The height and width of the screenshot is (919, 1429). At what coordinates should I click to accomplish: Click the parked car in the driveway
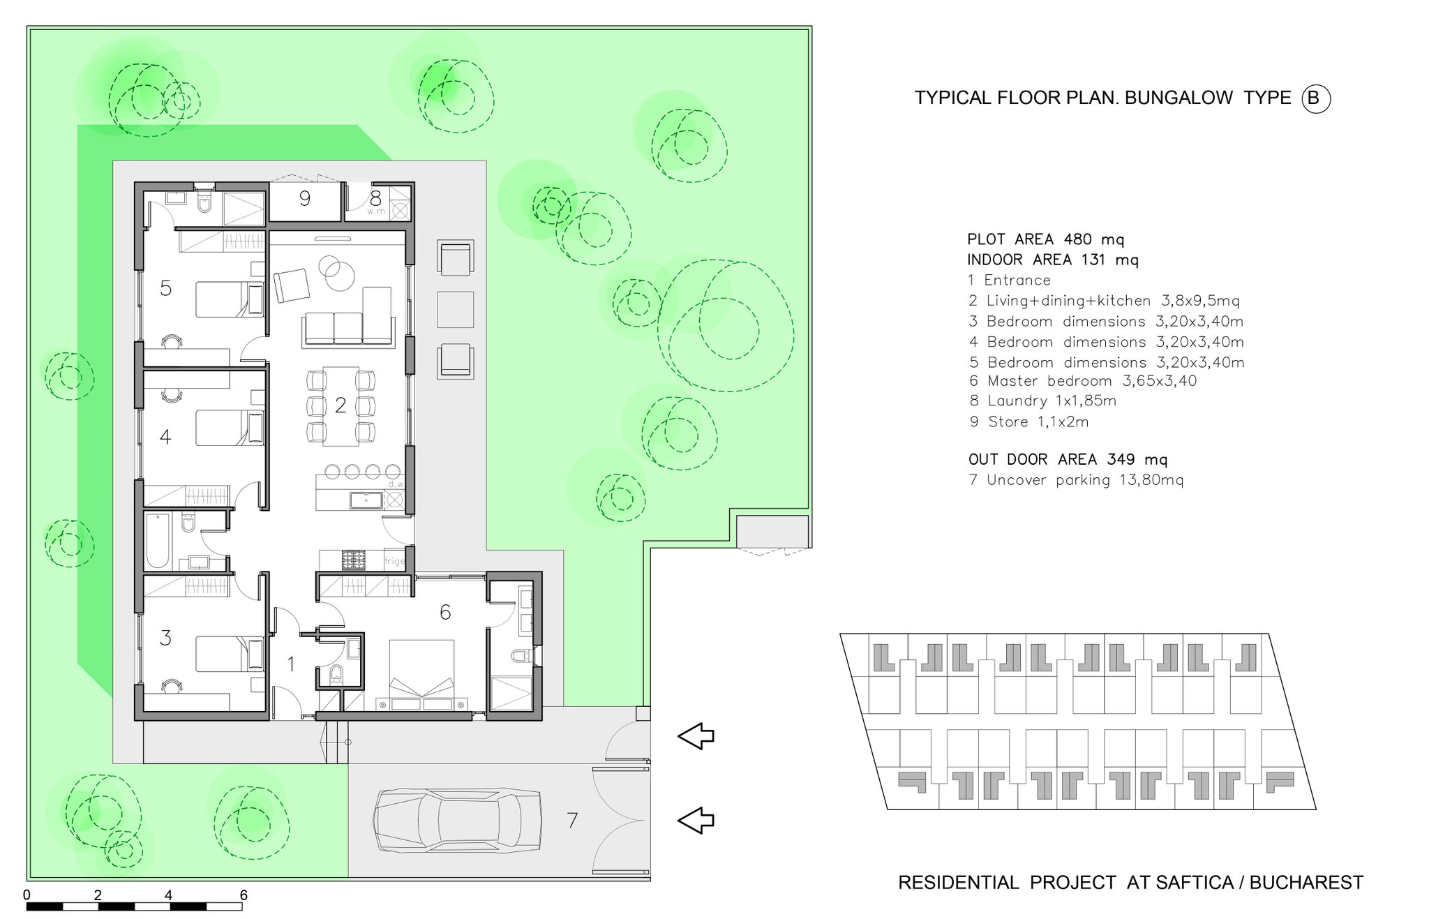pos(457,821)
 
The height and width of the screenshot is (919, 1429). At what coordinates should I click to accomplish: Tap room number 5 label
pos(165,288)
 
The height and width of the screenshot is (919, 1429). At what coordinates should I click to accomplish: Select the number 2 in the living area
pos(341,405)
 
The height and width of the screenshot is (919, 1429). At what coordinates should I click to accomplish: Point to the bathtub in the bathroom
pos(158,541)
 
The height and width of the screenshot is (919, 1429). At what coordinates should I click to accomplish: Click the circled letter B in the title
pos(1315,98)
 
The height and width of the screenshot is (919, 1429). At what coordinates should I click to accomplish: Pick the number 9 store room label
pos(304,199)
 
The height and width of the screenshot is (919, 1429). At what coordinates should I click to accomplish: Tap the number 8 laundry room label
pos(375,198)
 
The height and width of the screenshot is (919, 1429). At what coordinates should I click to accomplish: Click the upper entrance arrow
pos(696,735)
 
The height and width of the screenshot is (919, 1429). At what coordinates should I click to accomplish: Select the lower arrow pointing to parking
pos(696,820)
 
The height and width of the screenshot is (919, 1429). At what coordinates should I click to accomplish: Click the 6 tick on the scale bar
pos(244,895)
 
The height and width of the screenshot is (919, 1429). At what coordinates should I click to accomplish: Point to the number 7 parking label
pos(572,821)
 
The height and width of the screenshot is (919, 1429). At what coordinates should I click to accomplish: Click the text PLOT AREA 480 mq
pos(1046,239)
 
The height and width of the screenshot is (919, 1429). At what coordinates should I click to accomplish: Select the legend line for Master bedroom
pos(1082,381)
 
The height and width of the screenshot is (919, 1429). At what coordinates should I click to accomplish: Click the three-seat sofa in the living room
pos(348,329)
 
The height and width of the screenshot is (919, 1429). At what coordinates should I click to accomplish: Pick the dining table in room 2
pos(341,405)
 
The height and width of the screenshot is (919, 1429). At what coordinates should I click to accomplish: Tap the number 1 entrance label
pos(291,664)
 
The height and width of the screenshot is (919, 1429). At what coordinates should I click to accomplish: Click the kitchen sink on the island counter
pos(366,500)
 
